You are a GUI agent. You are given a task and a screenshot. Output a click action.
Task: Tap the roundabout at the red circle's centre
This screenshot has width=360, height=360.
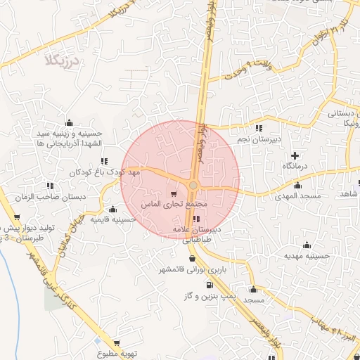pos(193,185)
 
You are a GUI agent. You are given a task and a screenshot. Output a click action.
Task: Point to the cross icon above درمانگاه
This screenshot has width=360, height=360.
pos(295,155)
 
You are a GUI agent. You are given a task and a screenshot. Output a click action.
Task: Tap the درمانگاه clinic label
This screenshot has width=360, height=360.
pos(296,166)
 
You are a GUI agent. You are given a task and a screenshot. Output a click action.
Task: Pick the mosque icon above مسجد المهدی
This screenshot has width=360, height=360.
pos(300,185)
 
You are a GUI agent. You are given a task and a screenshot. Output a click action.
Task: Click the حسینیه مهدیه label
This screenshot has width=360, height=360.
pos(307,257)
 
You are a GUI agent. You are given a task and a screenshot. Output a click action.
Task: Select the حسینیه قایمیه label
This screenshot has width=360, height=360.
pos(112,219)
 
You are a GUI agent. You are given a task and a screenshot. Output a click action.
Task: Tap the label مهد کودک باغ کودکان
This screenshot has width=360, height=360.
pos(105,172)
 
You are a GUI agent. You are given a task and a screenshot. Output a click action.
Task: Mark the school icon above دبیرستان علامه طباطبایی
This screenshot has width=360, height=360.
pos(195,219)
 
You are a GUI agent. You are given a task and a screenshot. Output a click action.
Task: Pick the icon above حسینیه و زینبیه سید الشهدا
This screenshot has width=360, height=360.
pos(68,122)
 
